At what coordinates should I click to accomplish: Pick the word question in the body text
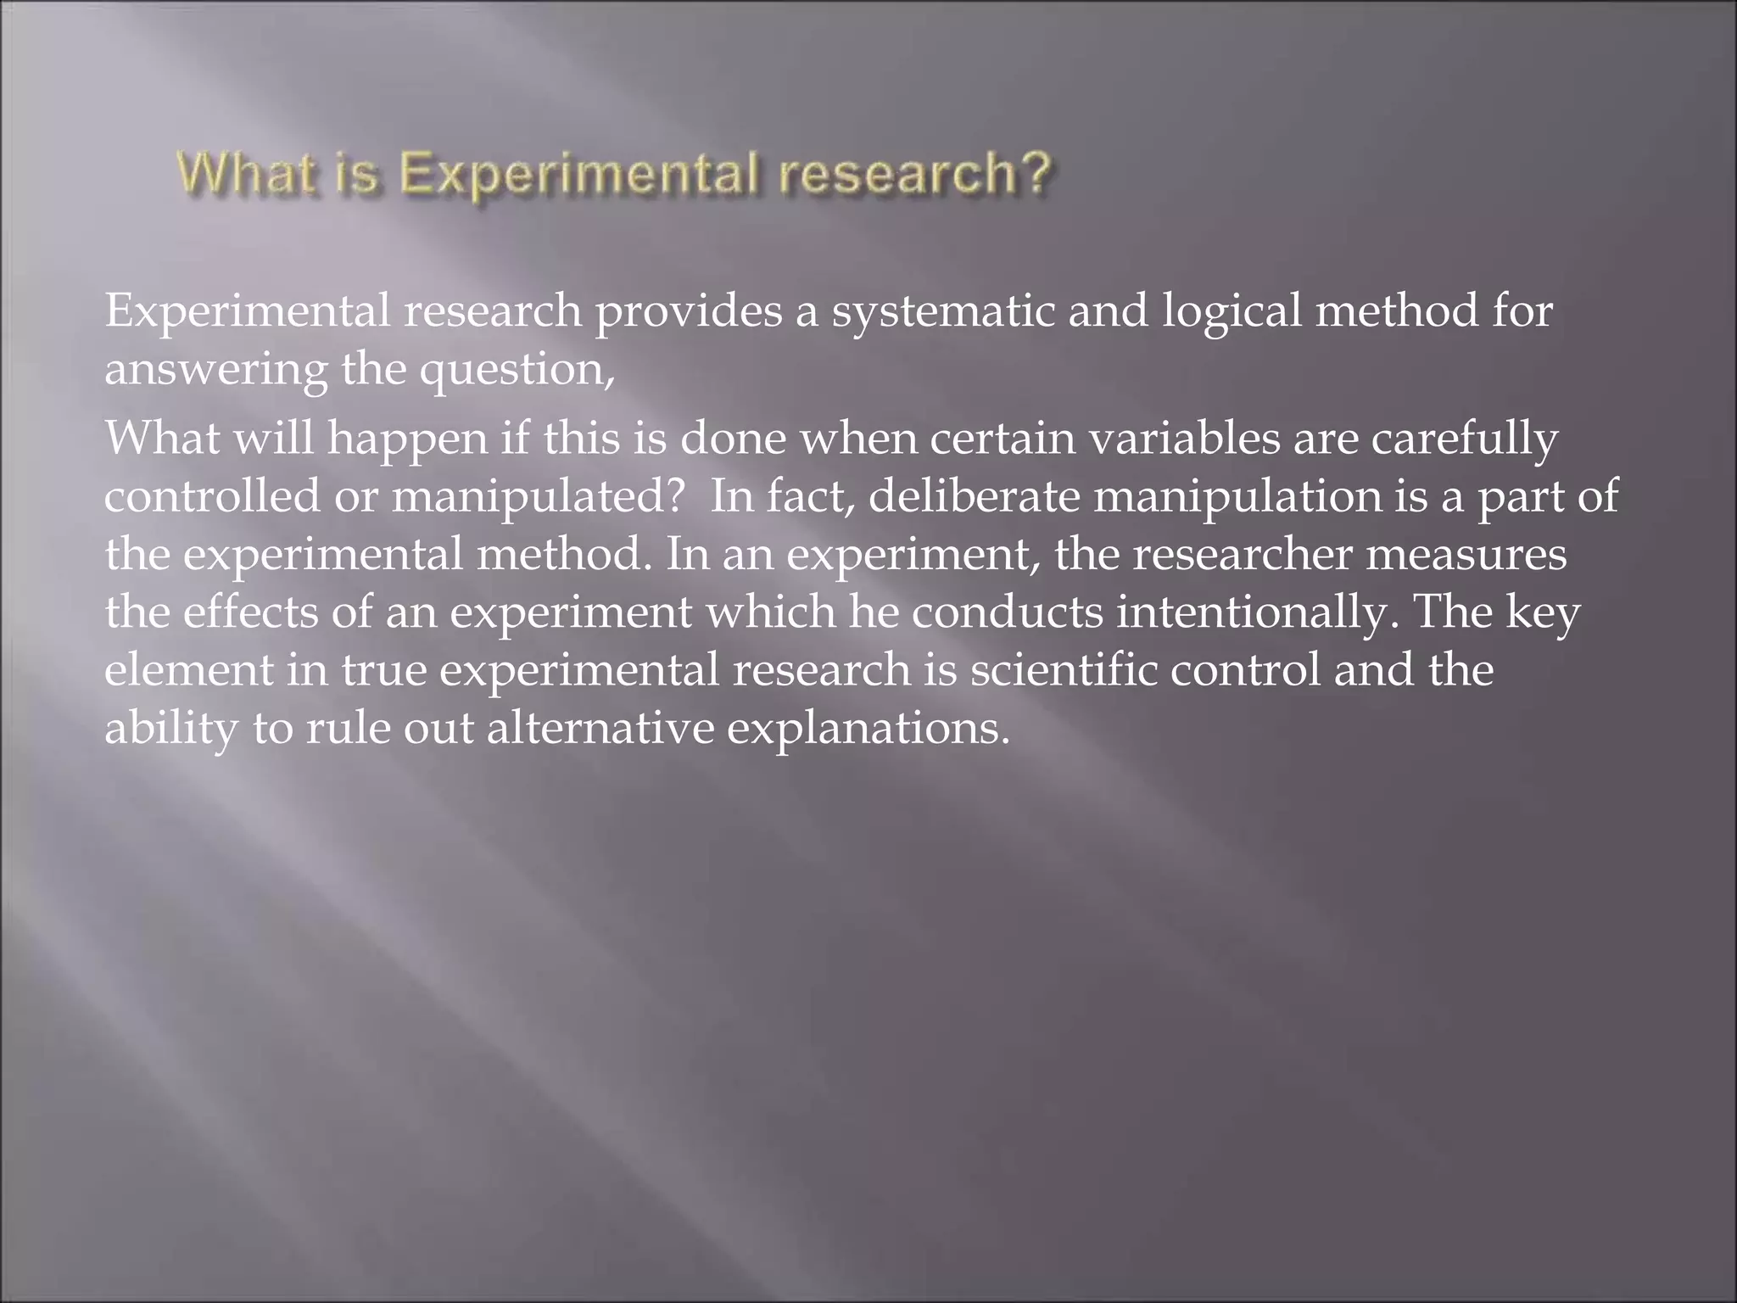[x=516, y=370]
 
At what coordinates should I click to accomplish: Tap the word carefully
[x=1467, y=438]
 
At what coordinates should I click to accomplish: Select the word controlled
[x=212, y=495]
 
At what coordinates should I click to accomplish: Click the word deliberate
[x=975, y=495]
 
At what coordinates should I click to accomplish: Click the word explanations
[x=868, y=728]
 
